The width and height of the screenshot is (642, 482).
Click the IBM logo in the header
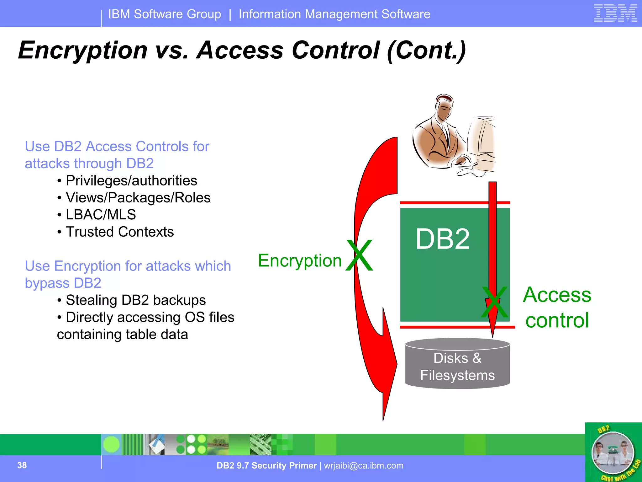[x=615, y=13]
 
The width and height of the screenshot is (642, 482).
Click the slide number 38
[x=22, y=465]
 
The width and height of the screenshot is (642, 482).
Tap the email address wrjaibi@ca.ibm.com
[x=364, y=465]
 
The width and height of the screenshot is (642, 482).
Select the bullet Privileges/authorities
[x=131, y=181]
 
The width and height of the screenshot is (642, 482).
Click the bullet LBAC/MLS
[x=101, y=215]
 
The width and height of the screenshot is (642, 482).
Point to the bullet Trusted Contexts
[x=119, y=232]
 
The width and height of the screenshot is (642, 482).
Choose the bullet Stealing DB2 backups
[x=135, y=300]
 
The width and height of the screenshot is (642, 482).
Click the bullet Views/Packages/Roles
[x=138, y=198]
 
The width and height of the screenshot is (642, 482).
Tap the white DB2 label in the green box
[x=442, y=239]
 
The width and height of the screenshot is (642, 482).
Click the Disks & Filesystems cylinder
[x=457, y=364]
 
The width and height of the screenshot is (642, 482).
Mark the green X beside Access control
[x=495, y=303]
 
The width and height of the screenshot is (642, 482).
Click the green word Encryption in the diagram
[x=300, y=260]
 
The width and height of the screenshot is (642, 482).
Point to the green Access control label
[x=557, y=307]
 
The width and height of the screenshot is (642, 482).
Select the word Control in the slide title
[x=335, y=50]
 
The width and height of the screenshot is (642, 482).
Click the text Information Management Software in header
[x=334, y=14]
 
